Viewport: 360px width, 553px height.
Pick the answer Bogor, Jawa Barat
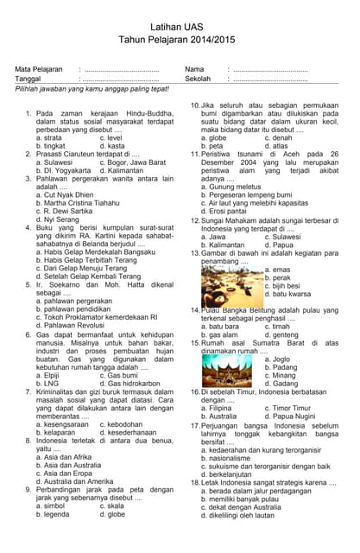[x=132, y=162]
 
